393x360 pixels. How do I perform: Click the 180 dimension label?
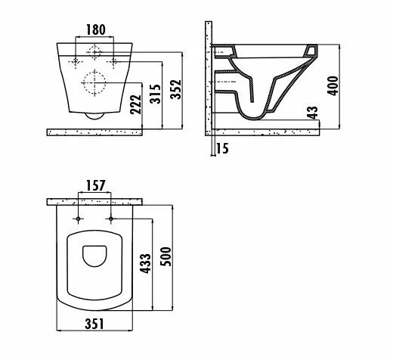96,29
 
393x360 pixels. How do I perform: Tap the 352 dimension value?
175,89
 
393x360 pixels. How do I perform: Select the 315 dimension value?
155,94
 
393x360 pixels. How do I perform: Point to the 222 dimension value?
136,104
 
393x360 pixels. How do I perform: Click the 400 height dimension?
333,85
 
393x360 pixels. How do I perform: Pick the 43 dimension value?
313,112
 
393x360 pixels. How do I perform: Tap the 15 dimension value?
222,148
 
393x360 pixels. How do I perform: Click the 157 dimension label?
96,185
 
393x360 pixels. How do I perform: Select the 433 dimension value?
145,263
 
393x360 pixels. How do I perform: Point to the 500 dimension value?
166,256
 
